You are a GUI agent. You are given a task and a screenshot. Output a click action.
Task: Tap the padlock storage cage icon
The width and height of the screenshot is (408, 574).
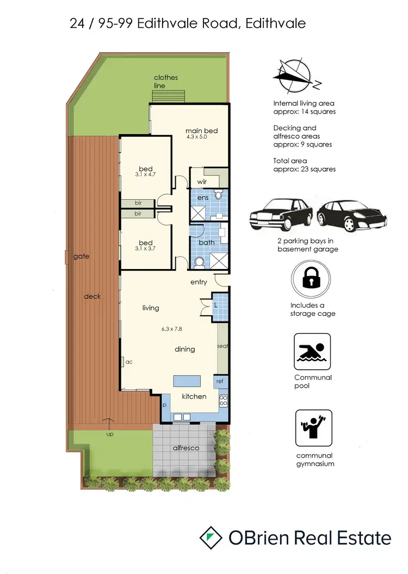coord(312,279)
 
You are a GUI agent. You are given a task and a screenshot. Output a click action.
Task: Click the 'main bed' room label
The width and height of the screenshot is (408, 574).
coord(202,131)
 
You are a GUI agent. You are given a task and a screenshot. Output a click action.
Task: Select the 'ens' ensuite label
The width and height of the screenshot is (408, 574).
coord(203,197)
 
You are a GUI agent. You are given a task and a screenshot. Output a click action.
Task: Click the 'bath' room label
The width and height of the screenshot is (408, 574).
coord(206,242)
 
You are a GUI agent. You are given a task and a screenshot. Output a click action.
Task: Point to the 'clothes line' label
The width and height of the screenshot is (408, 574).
coord(165,82)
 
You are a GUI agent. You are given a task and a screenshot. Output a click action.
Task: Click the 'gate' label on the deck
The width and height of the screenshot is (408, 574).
coord(81,256)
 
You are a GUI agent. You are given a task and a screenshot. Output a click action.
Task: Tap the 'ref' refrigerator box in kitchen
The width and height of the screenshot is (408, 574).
coord(220,381)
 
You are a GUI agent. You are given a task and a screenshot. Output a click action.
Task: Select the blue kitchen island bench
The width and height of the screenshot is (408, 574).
coord(187,381)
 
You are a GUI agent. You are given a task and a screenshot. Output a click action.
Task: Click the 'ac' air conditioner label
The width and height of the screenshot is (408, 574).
coord(129,361)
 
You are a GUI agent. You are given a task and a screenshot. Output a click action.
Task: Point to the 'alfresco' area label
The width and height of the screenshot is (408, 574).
coord(186,448)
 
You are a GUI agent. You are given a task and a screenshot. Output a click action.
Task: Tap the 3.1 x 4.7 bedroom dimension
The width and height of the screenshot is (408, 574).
coord(146,175)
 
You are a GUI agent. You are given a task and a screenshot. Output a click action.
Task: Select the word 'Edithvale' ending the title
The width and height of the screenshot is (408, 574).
coord(275,23)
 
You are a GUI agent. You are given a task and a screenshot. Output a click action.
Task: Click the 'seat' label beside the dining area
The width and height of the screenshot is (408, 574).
coord(222,346)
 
